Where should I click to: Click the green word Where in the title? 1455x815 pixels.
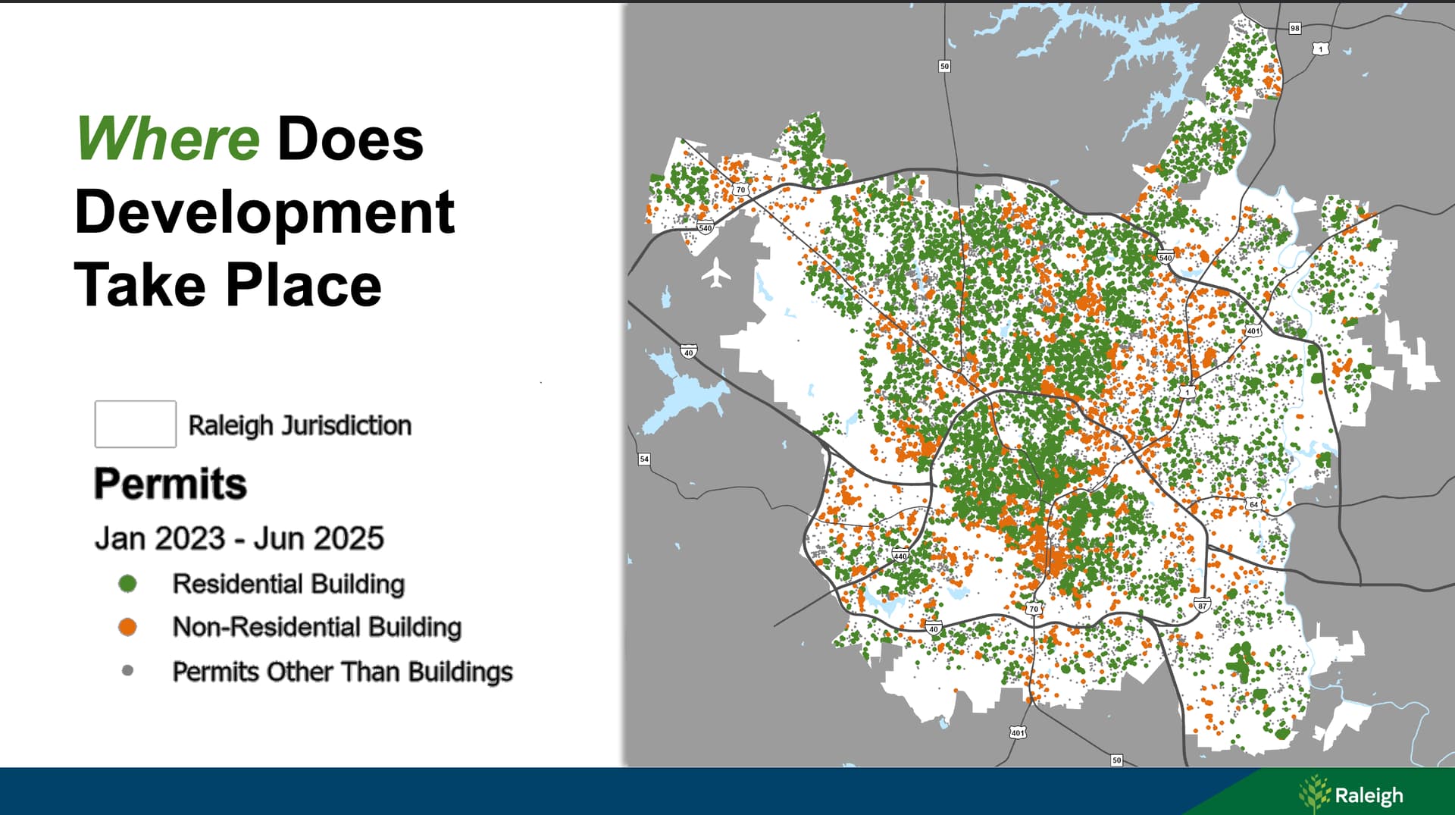tap(168, 139)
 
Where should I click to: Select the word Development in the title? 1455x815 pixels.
tap(264, 212)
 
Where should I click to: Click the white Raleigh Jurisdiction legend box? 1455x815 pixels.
tap(136, 424)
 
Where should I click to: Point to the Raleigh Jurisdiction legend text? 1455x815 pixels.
tap(300, 425)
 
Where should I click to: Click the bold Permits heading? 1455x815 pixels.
tap(171, 483)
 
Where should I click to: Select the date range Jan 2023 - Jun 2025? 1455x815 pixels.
tap(239, 538)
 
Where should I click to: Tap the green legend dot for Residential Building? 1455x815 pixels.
tap(127, 583)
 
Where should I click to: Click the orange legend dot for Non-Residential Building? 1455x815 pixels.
tap(127, 627)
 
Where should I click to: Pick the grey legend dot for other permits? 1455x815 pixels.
tap(127, 670)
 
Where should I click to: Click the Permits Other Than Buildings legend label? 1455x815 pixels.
tap(343, 672)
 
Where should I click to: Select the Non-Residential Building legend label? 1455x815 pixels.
tap(317, 627)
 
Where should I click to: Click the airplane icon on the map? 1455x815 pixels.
tap(716, 273)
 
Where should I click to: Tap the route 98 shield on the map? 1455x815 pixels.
tap(1295, 28)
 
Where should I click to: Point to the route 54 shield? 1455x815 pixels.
tap(644, 459)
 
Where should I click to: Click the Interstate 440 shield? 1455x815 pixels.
tap(900, 555)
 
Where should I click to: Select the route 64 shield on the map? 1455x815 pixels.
tap(1253, 504)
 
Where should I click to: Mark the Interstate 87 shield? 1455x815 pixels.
tap(1202, 605)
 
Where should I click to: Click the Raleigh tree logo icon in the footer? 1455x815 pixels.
tap(1315, 794)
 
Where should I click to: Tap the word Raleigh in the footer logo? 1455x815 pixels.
tap(1369, 796)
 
